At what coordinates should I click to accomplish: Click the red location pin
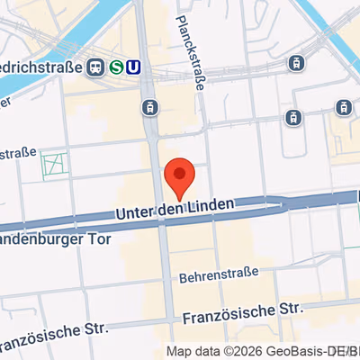[x=180, y=175]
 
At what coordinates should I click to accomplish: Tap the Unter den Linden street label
[x=175, y=209]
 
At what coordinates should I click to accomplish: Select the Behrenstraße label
[x=219, y=271]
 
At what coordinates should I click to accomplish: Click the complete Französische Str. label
[x=239, y=313]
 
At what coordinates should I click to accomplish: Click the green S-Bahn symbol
[x=117, y=67]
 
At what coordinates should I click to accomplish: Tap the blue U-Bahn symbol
[x=134, y=67]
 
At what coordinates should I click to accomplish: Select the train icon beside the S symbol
[x=94, y=67]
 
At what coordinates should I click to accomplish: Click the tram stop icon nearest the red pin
[x=149, y=108]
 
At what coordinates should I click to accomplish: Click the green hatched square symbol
[x=54, y=165]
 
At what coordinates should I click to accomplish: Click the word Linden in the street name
[x=212, y=206]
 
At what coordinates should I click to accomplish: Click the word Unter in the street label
[x=134, y=212]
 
